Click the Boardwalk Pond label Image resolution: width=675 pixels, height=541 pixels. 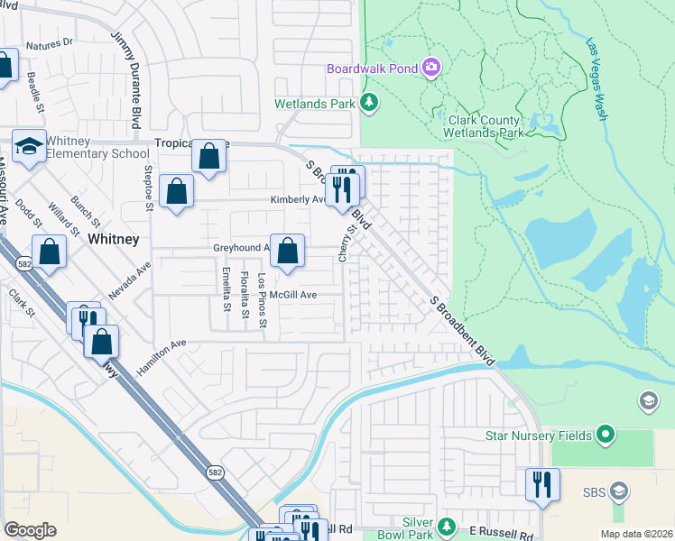(x=372, y=68)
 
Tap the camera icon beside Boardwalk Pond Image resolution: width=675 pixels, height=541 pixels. (x=431, y=68)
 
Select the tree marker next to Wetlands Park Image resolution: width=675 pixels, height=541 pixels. (x=368, y=104)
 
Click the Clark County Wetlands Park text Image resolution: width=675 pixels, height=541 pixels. (x=482, y=126)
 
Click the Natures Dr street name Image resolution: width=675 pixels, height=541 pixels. (x=49, y=43)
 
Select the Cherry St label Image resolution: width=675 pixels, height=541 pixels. (x=344, y=244)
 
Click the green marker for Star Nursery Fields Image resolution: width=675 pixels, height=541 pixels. (x=606, y=436)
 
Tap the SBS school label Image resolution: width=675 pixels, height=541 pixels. (x=593, y=491)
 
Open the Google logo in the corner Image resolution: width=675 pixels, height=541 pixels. (x=30, y=529)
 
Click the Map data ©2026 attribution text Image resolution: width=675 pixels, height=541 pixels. (x=635, y=534)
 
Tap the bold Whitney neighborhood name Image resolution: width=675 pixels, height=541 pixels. (x=114, y=239)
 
